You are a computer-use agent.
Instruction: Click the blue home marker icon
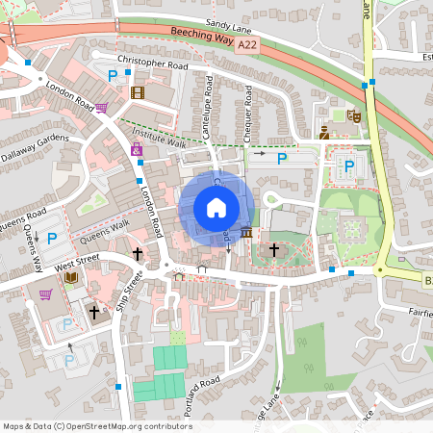click(x=216, y=207)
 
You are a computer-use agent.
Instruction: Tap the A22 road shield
click(x=247, y=44)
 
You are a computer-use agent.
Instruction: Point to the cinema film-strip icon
click(x=137, y=92)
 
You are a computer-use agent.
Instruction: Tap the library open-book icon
click(x=70, y=278)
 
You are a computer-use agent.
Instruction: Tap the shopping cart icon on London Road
click(x=101, y=107)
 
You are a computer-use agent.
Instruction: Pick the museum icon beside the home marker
click(x=247, y=233)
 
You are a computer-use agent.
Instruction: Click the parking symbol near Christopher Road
click(x=113, y=75)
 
